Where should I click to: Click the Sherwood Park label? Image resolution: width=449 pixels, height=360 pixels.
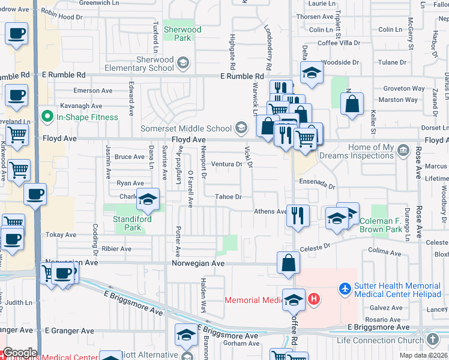point(182,34)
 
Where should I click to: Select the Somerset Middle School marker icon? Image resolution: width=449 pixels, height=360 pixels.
point(241,127)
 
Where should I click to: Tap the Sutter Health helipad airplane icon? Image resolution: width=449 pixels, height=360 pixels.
point(345,289)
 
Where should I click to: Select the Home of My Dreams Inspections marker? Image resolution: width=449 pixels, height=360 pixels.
point(403,149)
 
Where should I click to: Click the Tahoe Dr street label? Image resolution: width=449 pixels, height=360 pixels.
point(229,197)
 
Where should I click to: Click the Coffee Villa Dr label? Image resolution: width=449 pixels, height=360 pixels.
point(339,43)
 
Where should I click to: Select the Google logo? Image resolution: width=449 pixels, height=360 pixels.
point(19,353)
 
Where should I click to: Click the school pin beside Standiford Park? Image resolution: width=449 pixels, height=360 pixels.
point(147,200)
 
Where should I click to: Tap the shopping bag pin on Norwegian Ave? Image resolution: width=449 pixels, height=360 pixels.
point(289,262)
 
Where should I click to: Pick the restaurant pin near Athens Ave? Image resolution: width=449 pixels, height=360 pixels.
point(298,215)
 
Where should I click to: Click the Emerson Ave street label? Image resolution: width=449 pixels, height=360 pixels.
point(93,91)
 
